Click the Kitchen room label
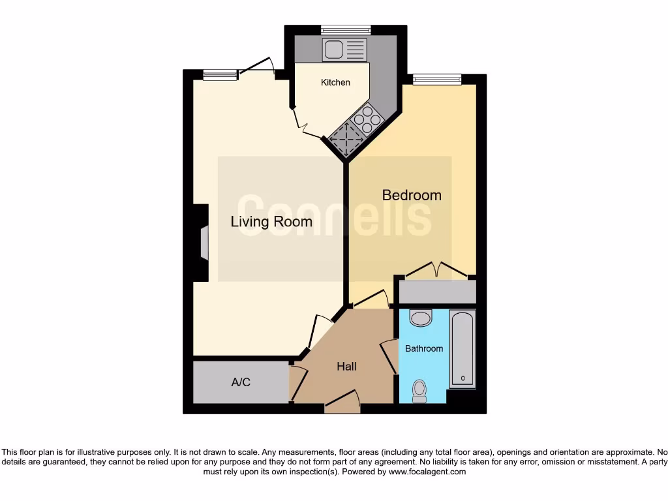tap(335, 82)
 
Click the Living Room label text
tap(271, 222)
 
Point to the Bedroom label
tap(411, 195)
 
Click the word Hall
tap(346, 367)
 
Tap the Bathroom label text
tap(424, 348)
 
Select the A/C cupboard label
tap(241, 382)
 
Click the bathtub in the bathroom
tap(463, 349)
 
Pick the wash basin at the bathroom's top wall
tap(421, 318)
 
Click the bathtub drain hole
tap(463, 378)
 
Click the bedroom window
tap(436, 80)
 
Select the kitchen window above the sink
tap(345, 29)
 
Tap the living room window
tap(220, 75)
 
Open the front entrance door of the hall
tap(342, 403)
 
